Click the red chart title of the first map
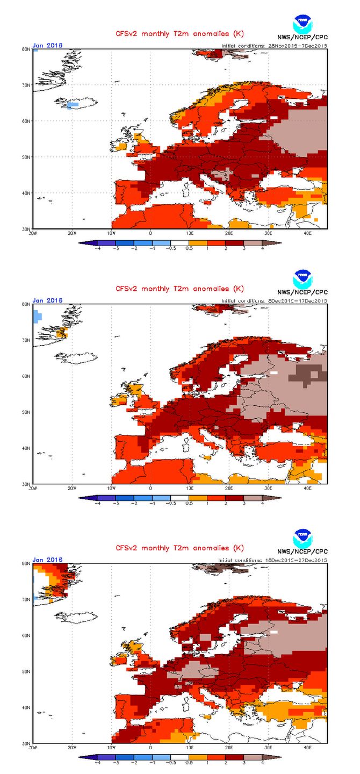[179, 34]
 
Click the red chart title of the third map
[179, 548]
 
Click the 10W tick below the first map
[111, 233]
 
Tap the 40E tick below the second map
[307, 489]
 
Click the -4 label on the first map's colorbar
[97, 249]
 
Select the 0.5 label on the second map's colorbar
[189, 504]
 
